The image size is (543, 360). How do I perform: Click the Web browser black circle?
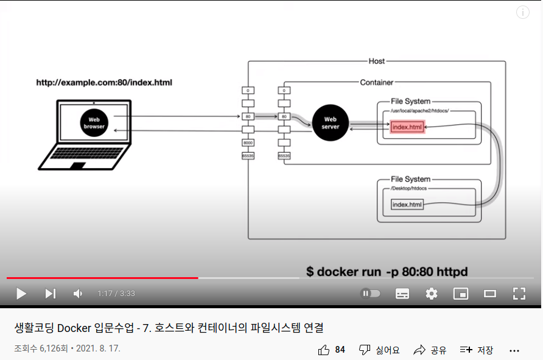[94, 122]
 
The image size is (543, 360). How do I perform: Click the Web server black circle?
[330, 122]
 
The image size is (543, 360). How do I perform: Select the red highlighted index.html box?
[407, 127]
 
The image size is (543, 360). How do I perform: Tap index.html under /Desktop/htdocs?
[407, 205]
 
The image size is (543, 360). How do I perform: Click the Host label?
[377, 61]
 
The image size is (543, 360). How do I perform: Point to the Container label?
[377, 82]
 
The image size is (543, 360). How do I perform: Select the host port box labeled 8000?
[248, 143]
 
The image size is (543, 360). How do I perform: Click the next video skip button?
[51, 294]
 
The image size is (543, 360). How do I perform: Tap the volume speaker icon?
[78, 294]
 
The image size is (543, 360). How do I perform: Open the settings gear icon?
[432, 294]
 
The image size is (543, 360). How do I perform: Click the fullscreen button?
[519, 294]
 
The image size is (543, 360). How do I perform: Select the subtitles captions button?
[402, 294]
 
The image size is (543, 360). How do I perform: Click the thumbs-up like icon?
[324, 350]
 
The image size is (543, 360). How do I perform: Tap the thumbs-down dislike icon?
[364, 350]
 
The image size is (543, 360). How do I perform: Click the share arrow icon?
[419, 350]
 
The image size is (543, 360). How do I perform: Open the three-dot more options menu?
[514, 350]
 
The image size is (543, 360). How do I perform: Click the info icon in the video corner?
[523, 12]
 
